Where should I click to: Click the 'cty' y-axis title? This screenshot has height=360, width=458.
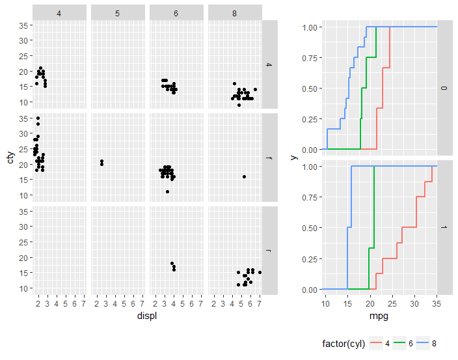click(10, 157)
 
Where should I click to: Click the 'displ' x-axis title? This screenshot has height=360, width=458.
click(148, 316)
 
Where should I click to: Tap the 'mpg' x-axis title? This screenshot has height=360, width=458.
click(381, 316)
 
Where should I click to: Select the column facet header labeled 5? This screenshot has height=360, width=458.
click(117, 13)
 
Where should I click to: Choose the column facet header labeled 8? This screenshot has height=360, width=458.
click(235, 13)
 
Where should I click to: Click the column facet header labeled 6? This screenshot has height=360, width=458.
click(176, 13)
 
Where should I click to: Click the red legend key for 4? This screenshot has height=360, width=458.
click(377, 344)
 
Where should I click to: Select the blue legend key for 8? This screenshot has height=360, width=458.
click(423, 344)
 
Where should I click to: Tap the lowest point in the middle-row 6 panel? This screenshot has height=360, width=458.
click(167, 191)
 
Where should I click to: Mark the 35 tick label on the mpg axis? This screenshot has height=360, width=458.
click(437, 303)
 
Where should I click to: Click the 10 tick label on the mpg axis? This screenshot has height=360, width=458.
click(325, 303)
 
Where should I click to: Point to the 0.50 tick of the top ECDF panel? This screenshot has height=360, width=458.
click(311, 89)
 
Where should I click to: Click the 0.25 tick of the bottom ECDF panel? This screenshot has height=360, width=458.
click(311, 259)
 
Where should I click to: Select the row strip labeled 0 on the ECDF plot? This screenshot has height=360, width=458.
click(444, 88)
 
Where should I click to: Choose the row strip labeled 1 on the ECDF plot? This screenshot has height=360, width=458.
click(444, 228)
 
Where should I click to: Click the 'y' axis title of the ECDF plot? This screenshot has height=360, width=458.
click(294, 158)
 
